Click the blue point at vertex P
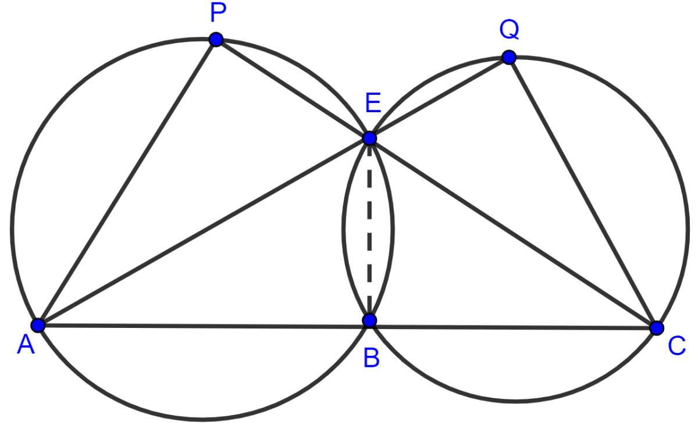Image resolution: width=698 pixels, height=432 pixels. pos(216,40)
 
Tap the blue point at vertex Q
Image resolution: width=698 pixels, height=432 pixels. pos(509,58)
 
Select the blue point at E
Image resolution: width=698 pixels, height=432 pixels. pos(369,138)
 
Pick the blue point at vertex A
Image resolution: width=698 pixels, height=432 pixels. pos(38,326)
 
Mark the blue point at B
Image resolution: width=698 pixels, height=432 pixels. pos(369,320)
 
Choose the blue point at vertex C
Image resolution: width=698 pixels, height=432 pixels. pos(657,328)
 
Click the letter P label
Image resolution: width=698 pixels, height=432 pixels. pos(218,13)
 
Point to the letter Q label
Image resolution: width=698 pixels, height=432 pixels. pos(509,30)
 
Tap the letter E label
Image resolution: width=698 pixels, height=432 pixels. pos(373,103)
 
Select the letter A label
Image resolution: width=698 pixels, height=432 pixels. pos(26,345)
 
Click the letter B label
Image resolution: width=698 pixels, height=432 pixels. pos(372,358)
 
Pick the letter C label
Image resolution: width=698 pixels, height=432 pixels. pos(677,346)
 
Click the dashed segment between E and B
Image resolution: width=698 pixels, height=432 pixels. pos(369,229)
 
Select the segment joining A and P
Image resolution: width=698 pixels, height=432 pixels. pos(127,183)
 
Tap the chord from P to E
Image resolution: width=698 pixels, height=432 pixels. pos(293,89)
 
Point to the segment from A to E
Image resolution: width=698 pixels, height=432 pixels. pos(204,232)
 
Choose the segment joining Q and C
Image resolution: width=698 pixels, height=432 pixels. pos(583,192)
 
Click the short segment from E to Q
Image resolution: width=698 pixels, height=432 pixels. pos(439,98)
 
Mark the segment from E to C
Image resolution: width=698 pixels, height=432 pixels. pos(513,233)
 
